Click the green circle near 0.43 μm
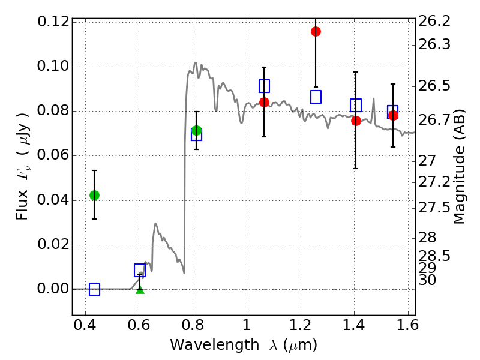(x=94, y=195)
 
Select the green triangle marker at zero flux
(x=140, y=290)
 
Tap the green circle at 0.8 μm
(x=196, y=130)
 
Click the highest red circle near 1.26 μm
(x=316, y=31)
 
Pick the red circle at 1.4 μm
(x=356, y=121)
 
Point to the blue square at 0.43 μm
(x=94, y=289)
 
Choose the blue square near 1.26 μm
(x=316, y=97)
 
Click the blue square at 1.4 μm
(x=356, y=106)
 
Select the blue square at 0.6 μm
(x=140, y=270)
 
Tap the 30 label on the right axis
(x=428, y=280)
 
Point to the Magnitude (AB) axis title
(x=460, y=167)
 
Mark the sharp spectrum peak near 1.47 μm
(x=373, y=98)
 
